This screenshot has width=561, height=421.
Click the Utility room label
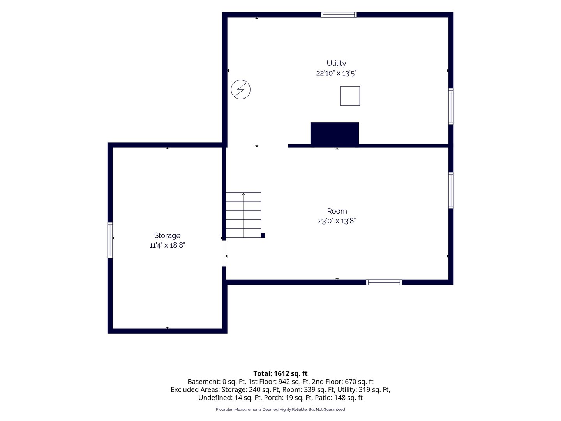pos(336,63)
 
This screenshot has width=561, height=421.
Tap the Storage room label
pos(167,236)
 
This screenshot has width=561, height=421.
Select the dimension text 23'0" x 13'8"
pos(337,221)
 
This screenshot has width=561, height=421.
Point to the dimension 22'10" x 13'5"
pos(336,73)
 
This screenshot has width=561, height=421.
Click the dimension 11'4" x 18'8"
pos(167,245)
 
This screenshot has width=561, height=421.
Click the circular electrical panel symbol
pos(240,90)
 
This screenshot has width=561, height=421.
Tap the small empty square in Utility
pos(350,96)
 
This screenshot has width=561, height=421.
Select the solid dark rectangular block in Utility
pos(335,134)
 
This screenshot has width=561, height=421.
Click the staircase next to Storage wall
pos(243,215)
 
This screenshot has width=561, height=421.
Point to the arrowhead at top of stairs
pos(243,195)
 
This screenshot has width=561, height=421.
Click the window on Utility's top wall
pos(339,14)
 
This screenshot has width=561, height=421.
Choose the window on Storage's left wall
pos(110,240)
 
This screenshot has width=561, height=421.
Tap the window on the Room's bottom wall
pos(384,282)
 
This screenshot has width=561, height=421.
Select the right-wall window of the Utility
pos(451,106)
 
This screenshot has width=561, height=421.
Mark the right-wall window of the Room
pos(451,190)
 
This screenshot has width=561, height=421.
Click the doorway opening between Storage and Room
pos(224,253)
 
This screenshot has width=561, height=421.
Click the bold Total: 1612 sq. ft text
pos(280,373)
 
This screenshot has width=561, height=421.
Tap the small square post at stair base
pos(263,235)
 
